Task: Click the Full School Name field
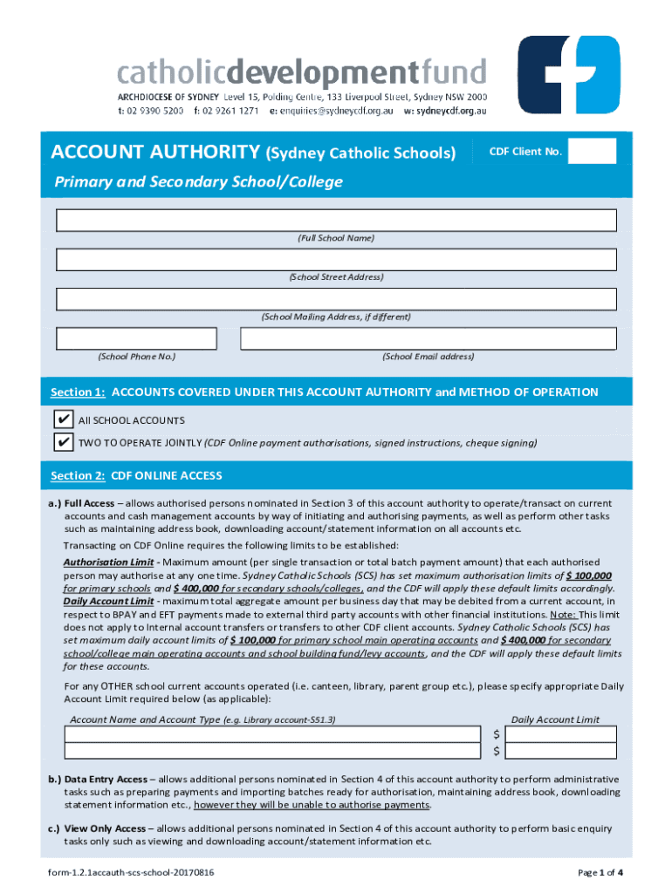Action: (336, 220)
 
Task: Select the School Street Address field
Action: (336, 260)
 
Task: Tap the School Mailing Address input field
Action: (336, 299)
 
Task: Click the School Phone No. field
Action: (136, 338)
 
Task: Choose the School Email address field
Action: (428, 338)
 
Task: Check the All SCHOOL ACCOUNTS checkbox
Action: (63, 419)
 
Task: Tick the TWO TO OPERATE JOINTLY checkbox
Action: (63, 442)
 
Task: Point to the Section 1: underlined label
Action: (78, 392)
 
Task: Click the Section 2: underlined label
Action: (78, 476)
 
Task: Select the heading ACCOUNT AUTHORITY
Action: (155, 153)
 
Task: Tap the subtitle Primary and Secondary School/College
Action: (198, 182)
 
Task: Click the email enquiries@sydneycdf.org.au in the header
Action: (337, 112)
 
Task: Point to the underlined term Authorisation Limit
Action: (109, 562)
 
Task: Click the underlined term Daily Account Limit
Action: (108, 601)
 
